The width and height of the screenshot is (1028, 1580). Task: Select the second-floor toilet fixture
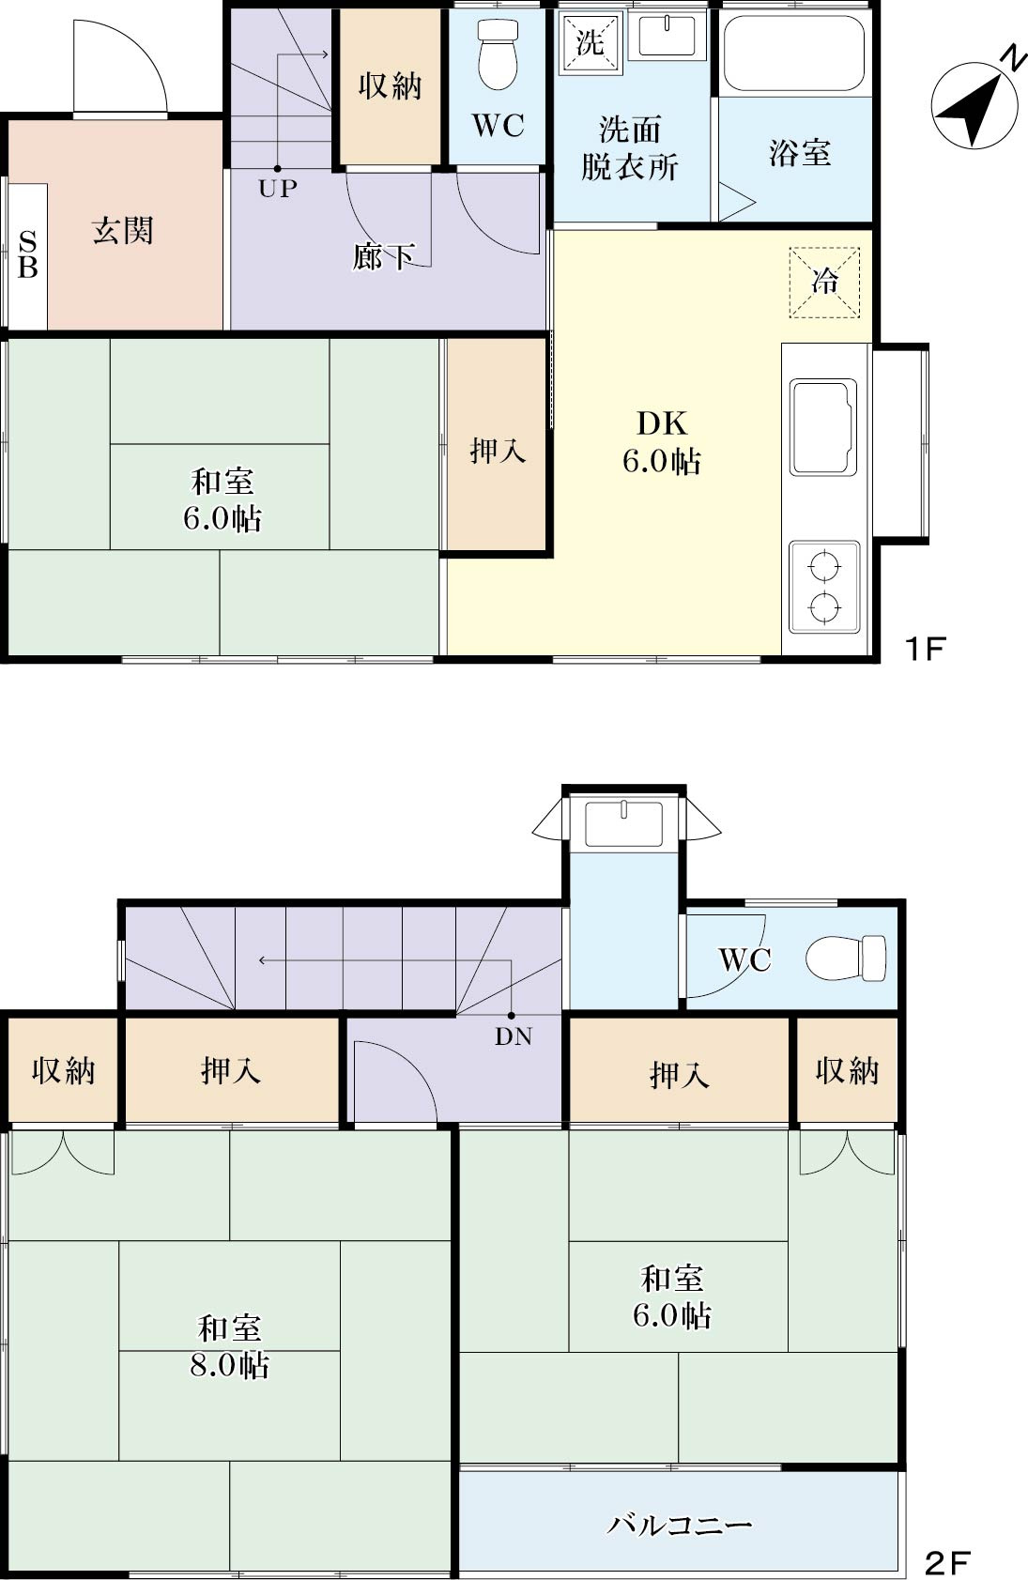846,959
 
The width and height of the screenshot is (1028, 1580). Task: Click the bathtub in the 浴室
793,53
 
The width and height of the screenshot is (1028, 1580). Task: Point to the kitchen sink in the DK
823,427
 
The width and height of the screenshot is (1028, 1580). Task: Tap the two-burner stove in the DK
824,587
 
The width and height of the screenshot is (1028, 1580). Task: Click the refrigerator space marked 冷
824,283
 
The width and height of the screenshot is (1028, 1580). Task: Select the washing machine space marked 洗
590,42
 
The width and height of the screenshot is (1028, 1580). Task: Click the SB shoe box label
27,254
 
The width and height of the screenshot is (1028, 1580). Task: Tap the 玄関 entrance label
123,231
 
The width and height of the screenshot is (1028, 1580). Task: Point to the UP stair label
277,189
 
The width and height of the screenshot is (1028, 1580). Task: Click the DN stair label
513,1036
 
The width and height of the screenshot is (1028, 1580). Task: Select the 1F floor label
925,649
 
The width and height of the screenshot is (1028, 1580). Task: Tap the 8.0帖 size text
229,1366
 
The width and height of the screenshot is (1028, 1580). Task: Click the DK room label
662,423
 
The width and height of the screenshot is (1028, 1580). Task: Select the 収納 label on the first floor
391,86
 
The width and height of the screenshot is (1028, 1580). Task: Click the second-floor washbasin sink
624,823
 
